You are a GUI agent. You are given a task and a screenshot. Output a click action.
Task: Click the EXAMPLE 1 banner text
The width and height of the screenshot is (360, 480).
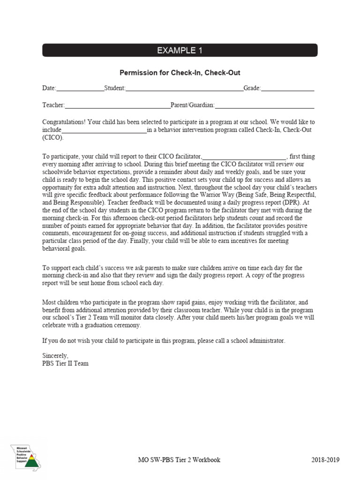click(180, 51)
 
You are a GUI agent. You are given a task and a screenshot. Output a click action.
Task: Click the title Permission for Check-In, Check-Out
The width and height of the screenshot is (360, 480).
click(180, 73)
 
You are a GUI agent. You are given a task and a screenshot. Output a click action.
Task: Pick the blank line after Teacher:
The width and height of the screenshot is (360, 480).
click(118, 105)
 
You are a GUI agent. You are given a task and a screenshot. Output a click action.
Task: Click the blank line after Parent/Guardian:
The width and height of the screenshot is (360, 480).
click(264, 105)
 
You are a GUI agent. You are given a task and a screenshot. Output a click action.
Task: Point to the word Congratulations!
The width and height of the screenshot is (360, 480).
click(64, 122)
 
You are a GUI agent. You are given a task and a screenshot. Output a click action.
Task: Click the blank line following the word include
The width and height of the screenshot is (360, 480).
click(104, 130)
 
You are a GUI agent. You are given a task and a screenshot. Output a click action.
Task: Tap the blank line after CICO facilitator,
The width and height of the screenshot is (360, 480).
click(244, 157)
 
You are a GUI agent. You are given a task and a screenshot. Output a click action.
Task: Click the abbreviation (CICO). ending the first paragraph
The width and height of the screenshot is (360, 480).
click(52, 138)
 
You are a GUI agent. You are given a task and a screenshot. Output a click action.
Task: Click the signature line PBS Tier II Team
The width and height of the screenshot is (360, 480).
click(65, 363)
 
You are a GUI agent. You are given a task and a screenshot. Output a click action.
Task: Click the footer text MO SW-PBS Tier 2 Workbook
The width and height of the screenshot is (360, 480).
click(176, 460)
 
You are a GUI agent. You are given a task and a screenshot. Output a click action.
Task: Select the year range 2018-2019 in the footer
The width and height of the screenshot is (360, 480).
click(326, 460)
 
